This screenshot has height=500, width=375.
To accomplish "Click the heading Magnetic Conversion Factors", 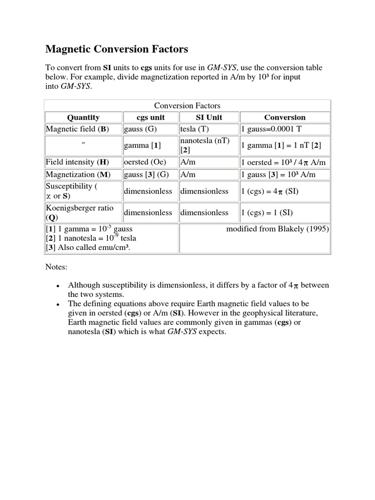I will pyautogui.click(x=117, y=49).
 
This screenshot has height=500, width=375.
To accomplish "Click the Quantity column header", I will pyautogui.click(x=83, y=117).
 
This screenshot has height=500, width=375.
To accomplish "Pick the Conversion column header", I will pyautogui.click(x=285, y=117).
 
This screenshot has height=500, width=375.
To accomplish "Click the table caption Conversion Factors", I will pyautogui.click(x=187, y=105).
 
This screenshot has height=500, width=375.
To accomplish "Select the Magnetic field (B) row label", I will pyautogui.click(x=77, y=129).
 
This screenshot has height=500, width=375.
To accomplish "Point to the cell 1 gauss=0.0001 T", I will pyautogui.click(x=274, y=129).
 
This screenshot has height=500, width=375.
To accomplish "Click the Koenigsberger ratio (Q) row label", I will pyautogui.click(x=80, y=212).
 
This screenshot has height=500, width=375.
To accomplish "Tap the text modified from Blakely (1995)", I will pyautogui.click(x=277, y=229).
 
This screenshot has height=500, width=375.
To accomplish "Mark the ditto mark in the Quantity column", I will pyautogui.click(x=83, y=145).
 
